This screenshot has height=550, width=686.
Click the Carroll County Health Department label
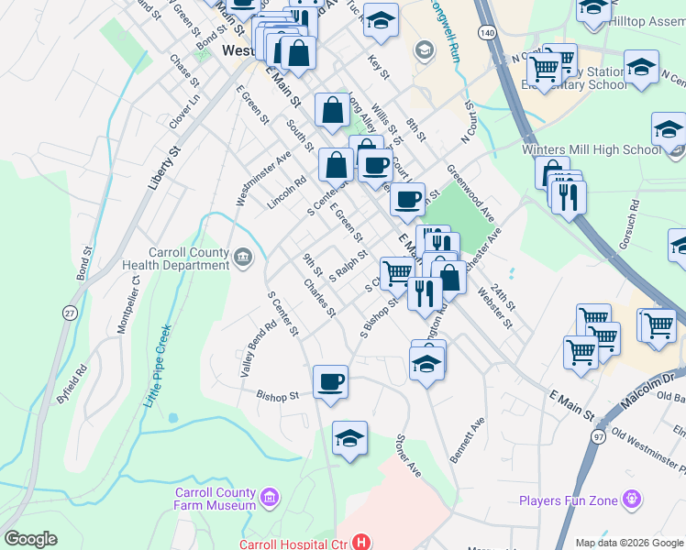coord(190,258)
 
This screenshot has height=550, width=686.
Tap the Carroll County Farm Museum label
coord(216,499)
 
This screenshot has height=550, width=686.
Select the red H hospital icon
coord(360,543)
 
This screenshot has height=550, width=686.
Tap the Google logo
coord(30,539)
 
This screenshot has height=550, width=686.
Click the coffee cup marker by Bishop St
coord(330,382)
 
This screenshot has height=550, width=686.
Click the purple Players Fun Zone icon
coord(631,500)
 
